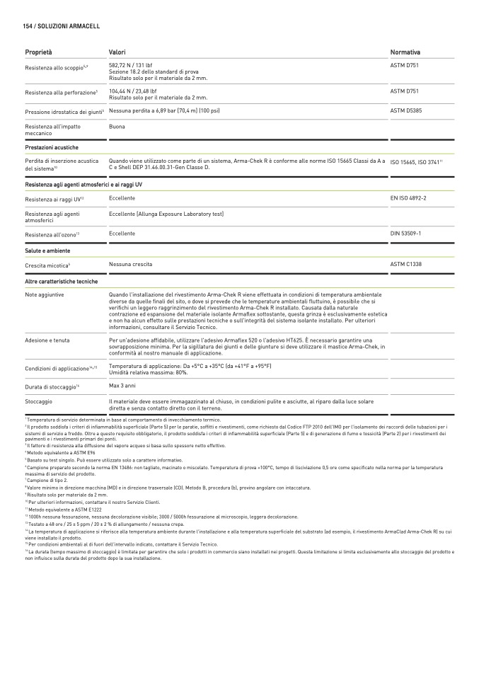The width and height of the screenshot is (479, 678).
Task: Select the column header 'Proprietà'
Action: point(38,52)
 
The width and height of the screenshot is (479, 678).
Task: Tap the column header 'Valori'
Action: point(117,52)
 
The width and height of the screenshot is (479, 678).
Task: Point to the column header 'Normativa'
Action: point(405,52)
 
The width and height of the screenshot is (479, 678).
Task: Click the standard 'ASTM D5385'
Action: point(407,111)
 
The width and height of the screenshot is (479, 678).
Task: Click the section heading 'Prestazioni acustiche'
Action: point(52,147)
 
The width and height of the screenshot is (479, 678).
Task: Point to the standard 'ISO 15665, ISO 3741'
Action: point(416,163)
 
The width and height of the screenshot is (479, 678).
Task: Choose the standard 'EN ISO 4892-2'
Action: point(408,198)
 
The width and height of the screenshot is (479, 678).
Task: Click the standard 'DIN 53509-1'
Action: point(405,233)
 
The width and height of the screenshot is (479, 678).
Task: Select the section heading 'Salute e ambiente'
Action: point(47,251)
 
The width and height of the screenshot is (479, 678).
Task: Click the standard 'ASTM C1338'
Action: point(406,264)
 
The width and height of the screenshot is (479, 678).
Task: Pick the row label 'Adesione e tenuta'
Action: point(47,340)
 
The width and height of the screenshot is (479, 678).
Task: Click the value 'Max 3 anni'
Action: point(122,386)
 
